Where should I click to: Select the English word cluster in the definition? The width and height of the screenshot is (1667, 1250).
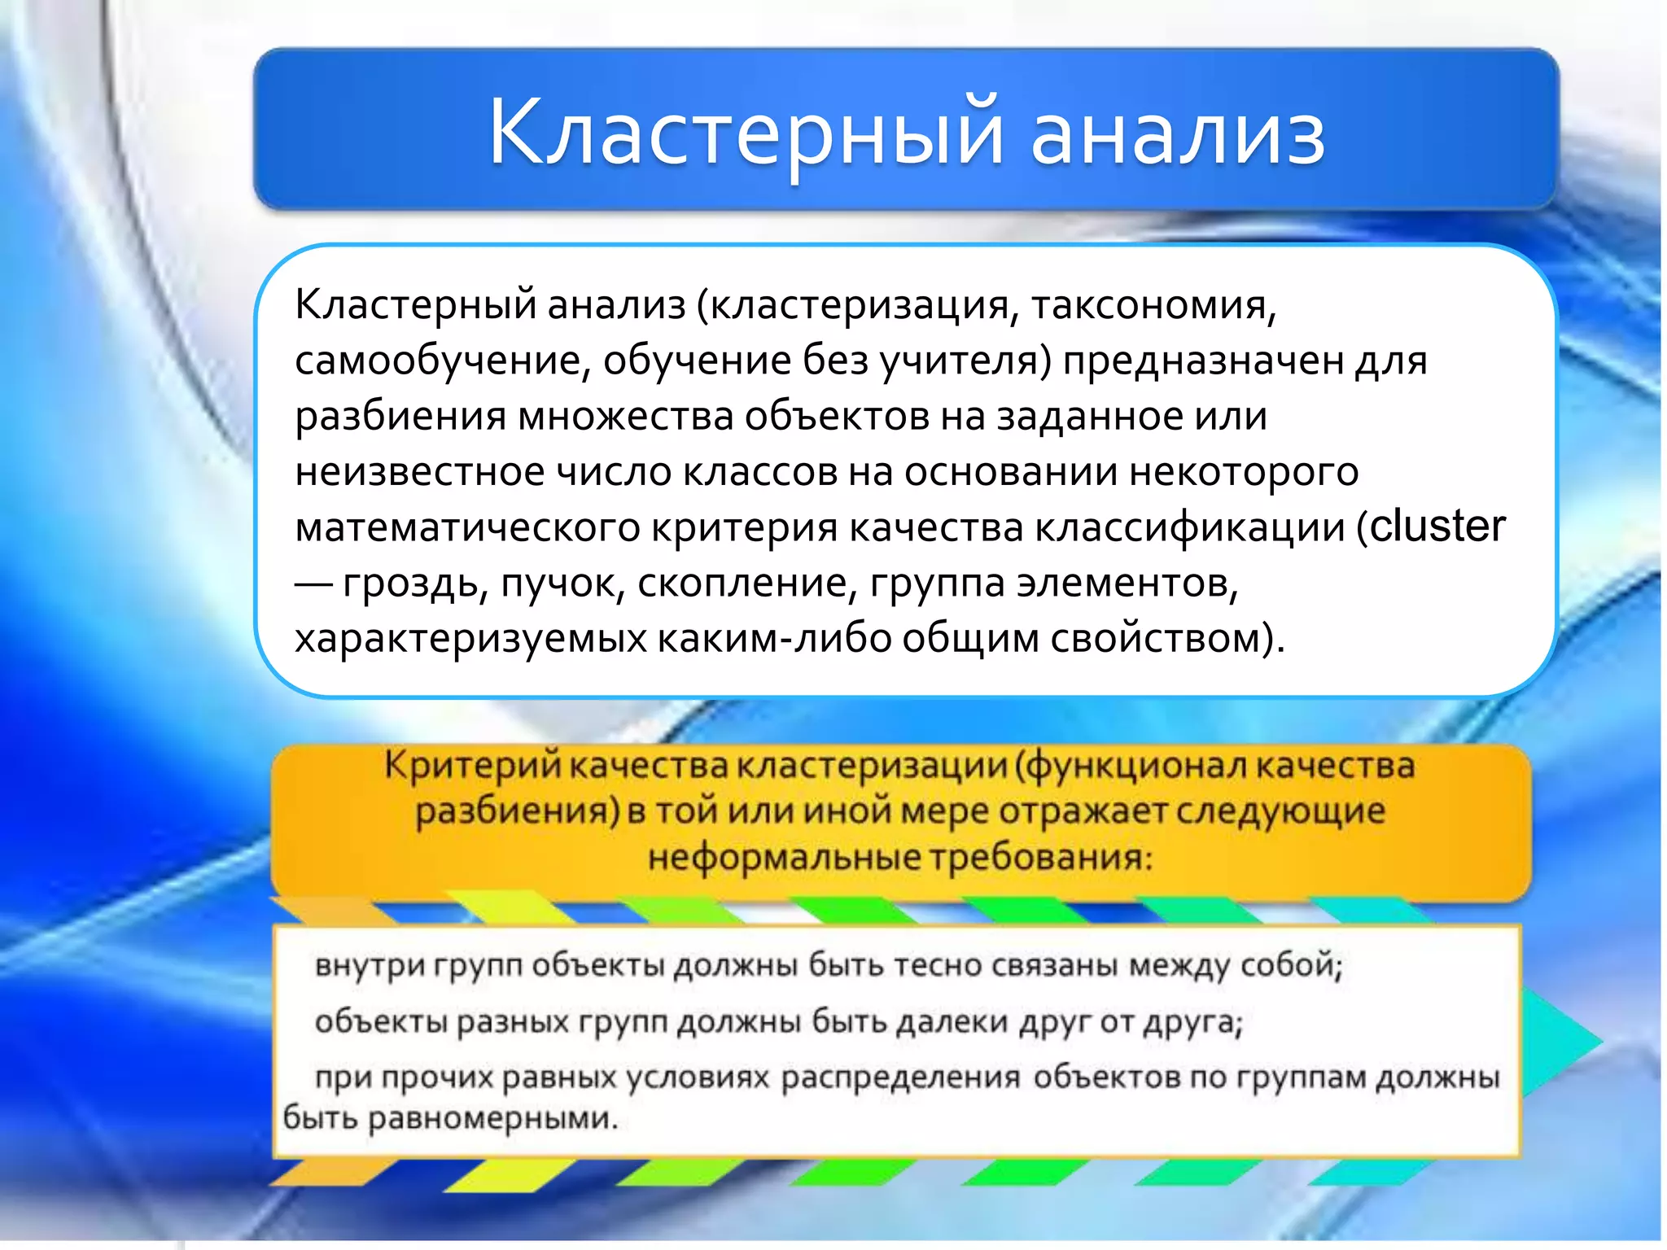1437,527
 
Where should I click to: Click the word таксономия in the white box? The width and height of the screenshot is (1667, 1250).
1153,306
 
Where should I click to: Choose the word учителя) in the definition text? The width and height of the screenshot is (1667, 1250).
966,361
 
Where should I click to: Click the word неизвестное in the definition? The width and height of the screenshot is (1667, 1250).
419,472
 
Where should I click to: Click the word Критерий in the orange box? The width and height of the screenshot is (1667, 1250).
472,766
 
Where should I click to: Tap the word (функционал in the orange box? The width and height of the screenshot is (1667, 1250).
1131,766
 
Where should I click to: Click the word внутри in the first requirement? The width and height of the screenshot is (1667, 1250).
370,965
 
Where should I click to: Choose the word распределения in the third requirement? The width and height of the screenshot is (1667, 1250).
900,1077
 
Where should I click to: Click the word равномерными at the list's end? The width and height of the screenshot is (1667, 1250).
492,1118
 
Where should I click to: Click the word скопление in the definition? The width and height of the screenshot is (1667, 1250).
747,583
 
